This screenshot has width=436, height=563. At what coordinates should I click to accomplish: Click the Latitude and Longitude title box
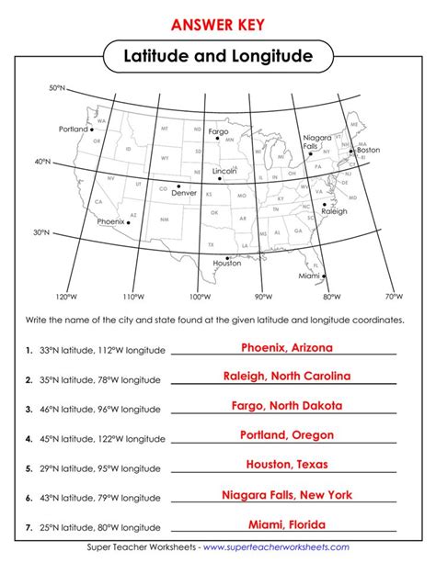(218, 58)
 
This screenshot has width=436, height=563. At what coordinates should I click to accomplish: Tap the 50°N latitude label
(56, 88)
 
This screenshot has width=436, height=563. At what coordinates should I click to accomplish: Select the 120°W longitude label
(63, 297)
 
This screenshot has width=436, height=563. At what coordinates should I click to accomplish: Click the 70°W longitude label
(394, 297)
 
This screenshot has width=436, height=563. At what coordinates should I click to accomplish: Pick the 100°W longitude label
(198, 298)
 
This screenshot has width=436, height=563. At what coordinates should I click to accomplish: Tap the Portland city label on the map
(72, 129)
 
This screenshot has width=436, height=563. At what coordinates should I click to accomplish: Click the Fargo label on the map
(219, 131)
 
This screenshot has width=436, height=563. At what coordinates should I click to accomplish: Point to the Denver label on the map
(184, 193)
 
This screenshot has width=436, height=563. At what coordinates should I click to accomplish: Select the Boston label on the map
(368, 149)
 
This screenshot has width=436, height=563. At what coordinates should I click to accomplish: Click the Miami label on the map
(309, 275)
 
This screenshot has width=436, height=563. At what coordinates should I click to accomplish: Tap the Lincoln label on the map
(224, 172)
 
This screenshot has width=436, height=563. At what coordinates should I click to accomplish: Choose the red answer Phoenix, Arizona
(286, 348)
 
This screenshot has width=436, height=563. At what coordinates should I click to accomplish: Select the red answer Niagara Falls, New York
(286, 494)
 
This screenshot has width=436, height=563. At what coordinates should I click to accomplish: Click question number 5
(30, 467)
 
